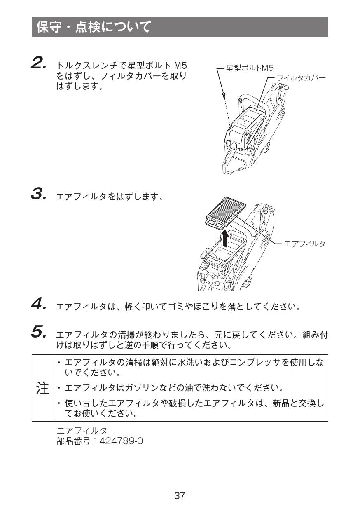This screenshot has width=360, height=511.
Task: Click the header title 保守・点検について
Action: pyautogui.click(x=94, y=27)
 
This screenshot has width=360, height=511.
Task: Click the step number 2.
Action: pyautogui.click(x=38, y=63)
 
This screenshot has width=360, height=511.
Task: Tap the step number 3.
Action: pyautogui.click(x=38, y=194)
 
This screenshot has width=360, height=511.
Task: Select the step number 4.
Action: pyautogui.click(x=38, y=305)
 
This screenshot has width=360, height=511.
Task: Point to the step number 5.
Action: pyautogui.click(x=38, y=331)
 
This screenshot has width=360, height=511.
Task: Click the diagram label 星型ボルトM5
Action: pyautogui.click(x=250, y=68)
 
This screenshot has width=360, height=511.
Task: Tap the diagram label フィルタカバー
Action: pyautogui.click(x=301, y=77)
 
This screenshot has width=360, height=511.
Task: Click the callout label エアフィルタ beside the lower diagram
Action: pyautogui.click(x=304, y=244)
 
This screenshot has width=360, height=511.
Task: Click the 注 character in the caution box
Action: pyautogui.click(x=42, y=388)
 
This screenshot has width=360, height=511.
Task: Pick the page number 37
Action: pyautogui.click(x=180, y=496)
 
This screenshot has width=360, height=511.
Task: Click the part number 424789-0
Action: pyautogui.click(x=122, y=441)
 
